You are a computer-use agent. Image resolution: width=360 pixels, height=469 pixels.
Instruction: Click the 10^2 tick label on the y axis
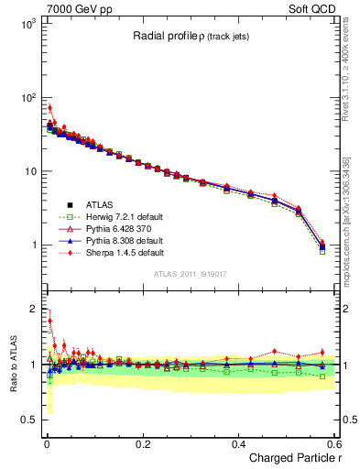point(26,98)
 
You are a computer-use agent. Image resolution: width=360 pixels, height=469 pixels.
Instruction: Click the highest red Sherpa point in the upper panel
point(49,107)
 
